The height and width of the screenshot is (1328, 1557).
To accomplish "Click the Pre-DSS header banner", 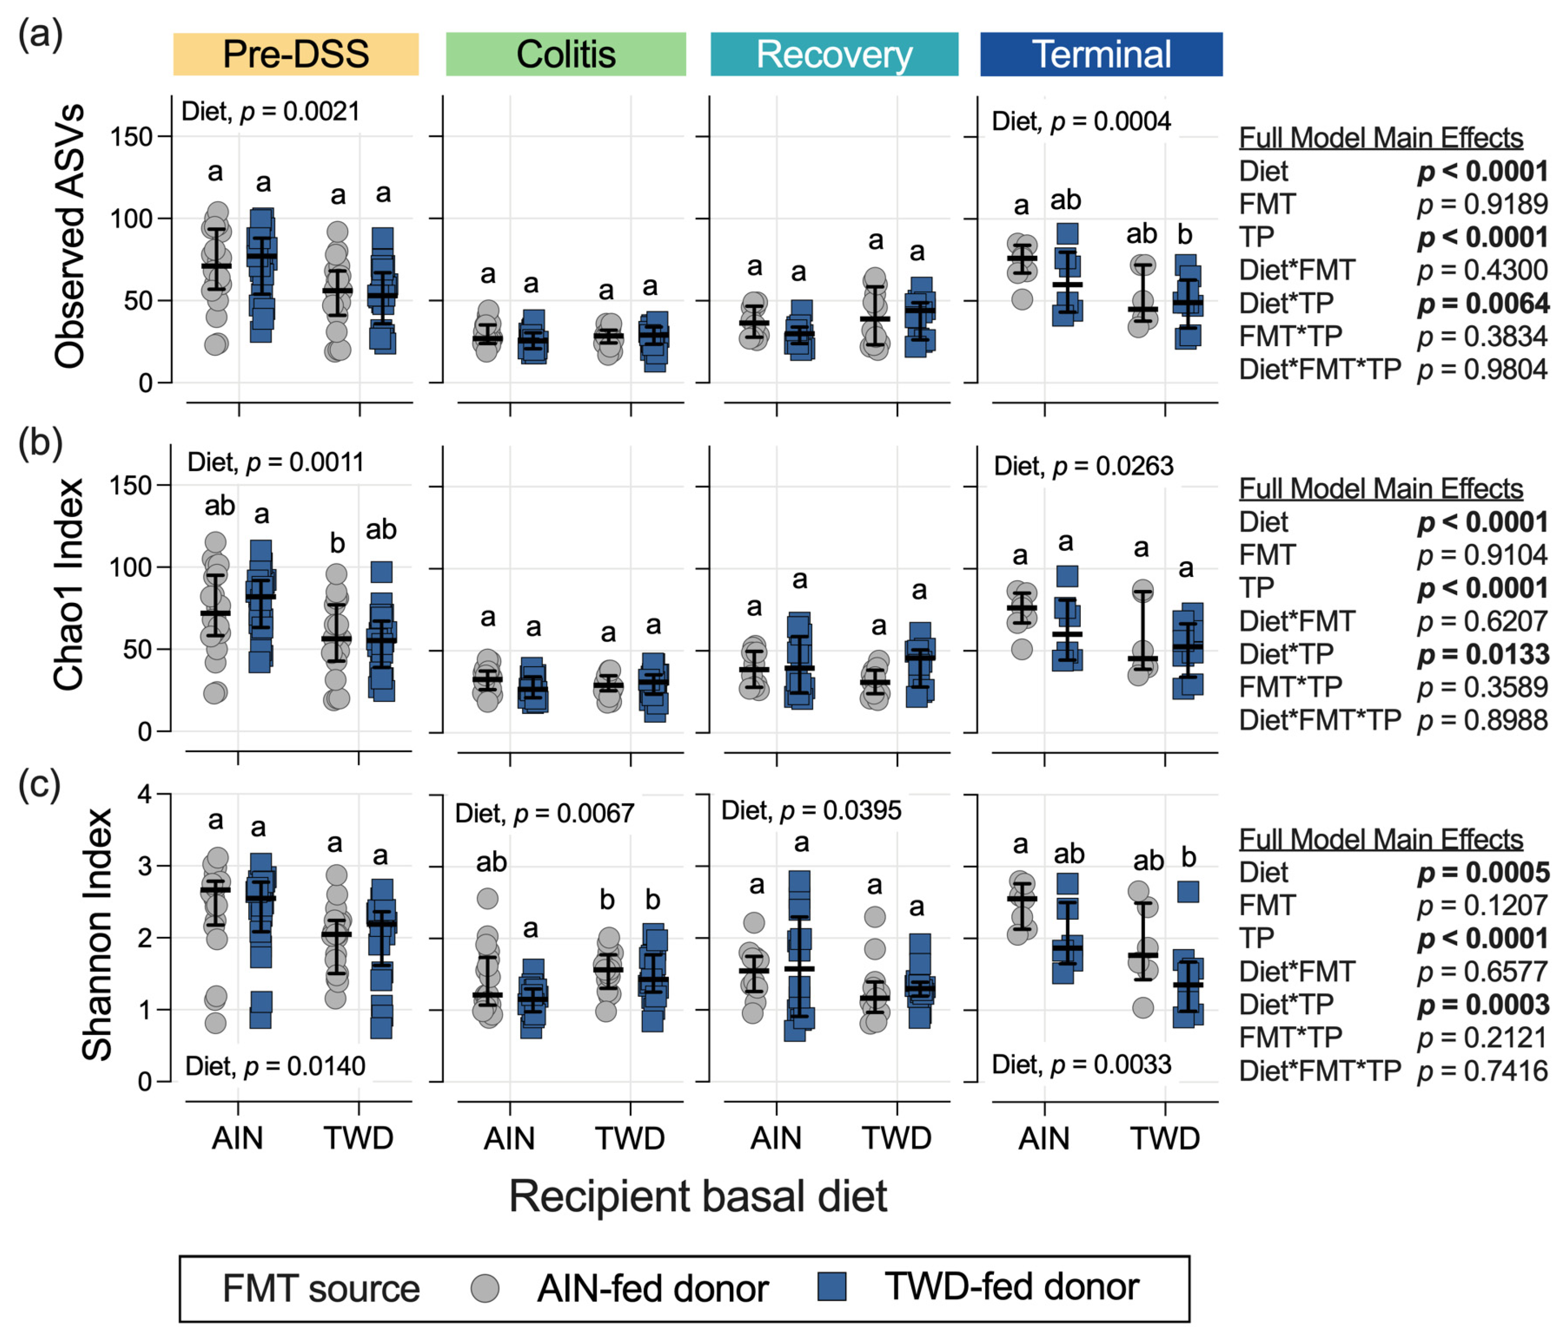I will [x=296, y=54].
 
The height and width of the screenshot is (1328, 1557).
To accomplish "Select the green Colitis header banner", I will [x=566, y=54].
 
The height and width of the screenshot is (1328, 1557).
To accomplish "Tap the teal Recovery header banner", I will [x=834, y=54].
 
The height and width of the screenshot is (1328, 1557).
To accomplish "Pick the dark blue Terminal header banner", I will [x=1101, y=54].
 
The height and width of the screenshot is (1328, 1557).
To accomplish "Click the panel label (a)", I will [x=40, y=35].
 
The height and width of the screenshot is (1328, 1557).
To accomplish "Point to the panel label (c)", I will [x=39, y=786].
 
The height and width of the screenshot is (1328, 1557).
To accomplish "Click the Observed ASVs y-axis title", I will [x=69, y=237].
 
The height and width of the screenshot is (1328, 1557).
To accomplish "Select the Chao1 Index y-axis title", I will [x=69, y=585].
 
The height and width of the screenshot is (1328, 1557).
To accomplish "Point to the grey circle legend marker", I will [x=485, y=1288].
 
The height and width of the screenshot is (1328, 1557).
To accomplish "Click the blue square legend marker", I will [x=831, y=1286].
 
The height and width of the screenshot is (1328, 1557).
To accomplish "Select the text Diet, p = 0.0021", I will [x=270, y=112].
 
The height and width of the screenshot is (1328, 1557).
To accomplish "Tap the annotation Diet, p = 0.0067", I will [x=545, y=813].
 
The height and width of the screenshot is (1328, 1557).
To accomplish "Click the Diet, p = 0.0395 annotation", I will [x=811, y=811].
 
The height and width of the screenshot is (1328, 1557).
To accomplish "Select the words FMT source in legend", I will [x=321, y=1289].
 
